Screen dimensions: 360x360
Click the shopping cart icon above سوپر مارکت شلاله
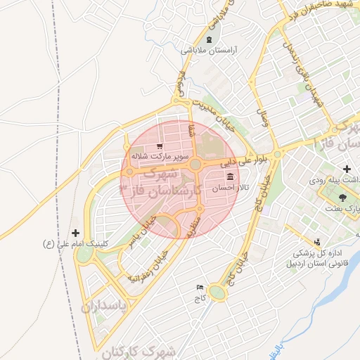[x=169, y=145]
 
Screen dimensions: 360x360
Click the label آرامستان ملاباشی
[x=211, y=51]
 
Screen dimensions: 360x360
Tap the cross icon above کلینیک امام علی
[x=76, y=233]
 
